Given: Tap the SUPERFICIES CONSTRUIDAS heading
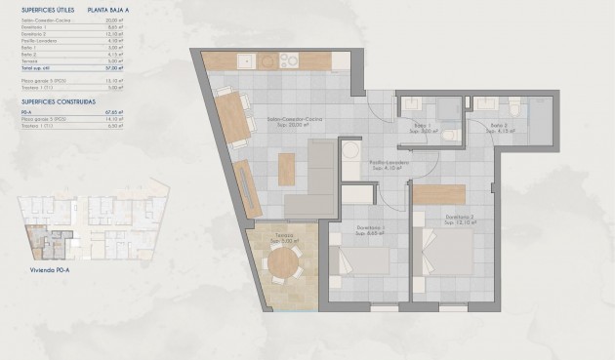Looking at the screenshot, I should click(x=58, y=100).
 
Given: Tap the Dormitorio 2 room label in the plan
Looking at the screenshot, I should click(x=459, y=219).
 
